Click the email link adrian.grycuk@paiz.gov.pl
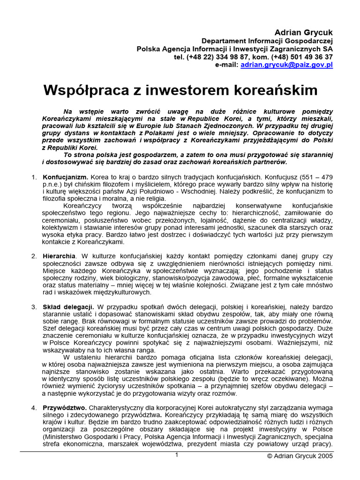(x=286, y=65)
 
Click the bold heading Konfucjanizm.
(x=65, y=178)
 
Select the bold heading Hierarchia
(x=59, y=256)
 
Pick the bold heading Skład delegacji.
(x=68, y=307)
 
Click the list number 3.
(x=34, y=307)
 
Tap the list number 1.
(x=33, y=178)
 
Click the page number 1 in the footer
(x=177, y=455)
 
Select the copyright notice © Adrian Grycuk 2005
(x=300, y=456)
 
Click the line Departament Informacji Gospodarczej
(x=267, y=41)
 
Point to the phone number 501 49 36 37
(x=311, y=57)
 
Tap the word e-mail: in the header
(x=227, y=65)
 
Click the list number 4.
(x=34, y=408)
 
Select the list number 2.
(x=34, y=256)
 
